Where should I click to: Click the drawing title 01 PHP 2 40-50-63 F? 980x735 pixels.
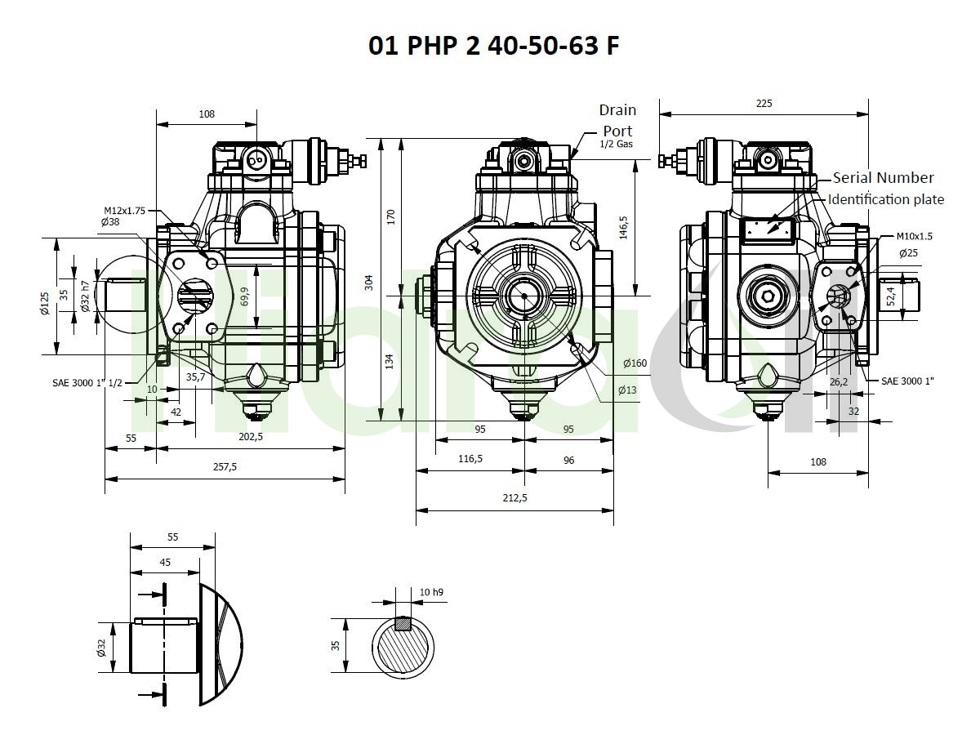pos(494,45)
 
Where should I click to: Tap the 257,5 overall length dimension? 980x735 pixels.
pos(225,467)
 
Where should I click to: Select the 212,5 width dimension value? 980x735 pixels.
pos(514,497)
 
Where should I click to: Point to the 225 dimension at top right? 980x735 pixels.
pos(764,104)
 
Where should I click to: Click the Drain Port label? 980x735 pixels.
pos(617,121)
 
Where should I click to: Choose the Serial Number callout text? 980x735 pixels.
pos(883,177)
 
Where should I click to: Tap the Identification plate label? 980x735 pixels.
pos(886,199)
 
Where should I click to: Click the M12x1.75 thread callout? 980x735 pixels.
pos(125,211)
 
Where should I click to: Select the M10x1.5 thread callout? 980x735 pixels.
pos(915,236)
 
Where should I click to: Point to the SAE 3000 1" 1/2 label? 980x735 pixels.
pos(87,383)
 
